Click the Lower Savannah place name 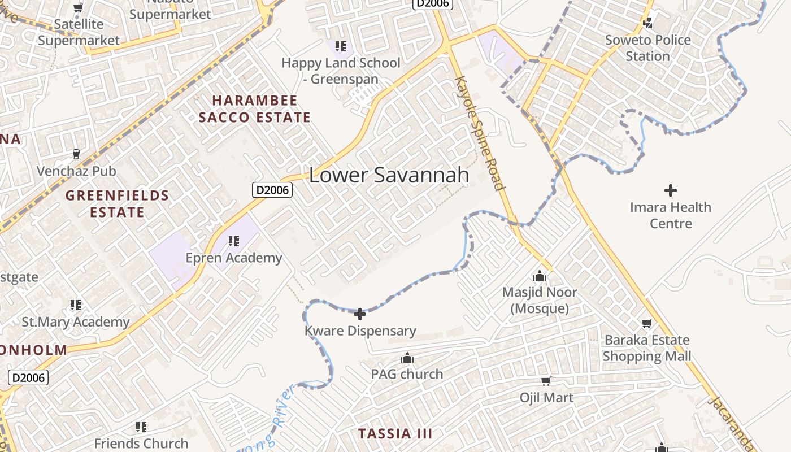(389, 175)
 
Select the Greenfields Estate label (118, 204)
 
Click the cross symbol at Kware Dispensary (360, 314)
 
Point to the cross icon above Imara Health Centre (671, 190)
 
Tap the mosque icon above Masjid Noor (540, 276)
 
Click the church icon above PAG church (407, 358)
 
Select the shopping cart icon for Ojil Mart (546, 381)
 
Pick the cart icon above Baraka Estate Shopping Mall (646, 324)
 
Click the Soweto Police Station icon (648, 23)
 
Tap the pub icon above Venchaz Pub (76, 154)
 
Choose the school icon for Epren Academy (233, 242)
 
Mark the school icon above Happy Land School (340, 46)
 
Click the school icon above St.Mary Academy (76, 306)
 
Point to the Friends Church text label (141, 444)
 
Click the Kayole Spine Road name (479, 133)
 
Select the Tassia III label (395, 434)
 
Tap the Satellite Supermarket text (79, 32)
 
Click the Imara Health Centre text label (671, 215)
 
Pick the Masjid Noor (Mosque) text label (540, 301)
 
